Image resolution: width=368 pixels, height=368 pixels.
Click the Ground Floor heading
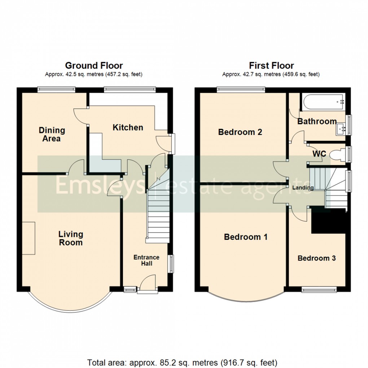94,66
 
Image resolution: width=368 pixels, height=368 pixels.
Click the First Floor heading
271,66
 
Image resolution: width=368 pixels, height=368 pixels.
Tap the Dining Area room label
52,134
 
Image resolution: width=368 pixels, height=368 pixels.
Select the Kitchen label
128,127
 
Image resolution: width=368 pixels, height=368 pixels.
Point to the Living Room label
71,238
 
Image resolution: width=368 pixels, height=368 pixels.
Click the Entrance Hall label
146,260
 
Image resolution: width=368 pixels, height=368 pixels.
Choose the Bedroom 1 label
246,237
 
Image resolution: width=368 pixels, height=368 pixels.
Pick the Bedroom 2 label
240,132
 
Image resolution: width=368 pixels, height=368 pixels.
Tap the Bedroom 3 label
316,258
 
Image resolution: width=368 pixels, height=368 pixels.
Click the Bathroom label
317,122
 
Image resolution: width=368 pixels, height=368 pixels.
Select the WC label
319,154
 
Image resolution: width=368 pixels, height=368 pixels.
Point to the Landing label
303,188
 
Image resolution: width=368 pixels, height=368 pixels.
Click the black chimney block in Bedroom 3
328,220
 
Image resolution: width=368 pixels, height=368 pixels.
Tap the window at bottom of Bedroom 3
319,289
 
